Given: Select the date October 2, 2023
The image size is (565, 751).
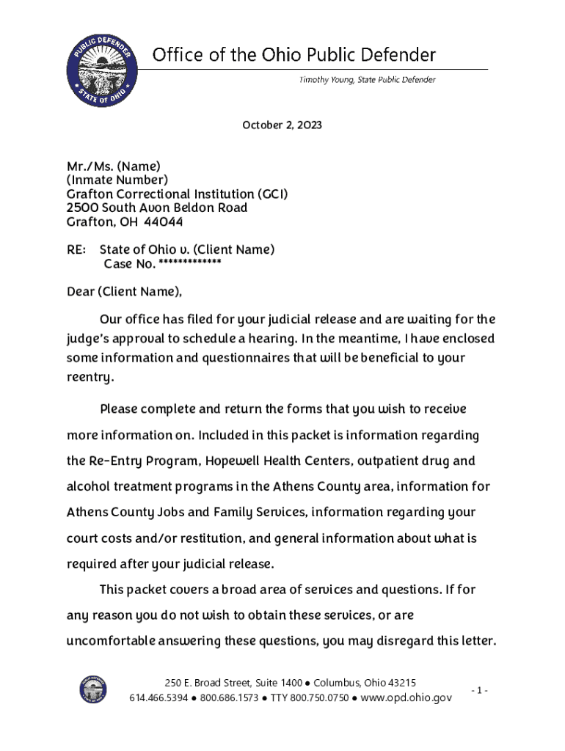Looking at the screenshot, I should click(282, 125).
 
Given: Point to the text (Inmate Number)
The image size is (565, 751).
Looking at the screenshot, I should click(117, 180).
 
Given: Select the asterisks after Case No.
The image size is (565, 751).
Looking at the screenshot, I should click(189, 263).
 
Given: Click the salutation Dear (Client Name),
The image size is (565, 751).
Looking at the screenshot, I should click(124, 292).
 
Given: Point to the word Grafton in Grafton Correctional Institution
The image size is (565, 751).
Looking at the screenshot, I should click(89, 194).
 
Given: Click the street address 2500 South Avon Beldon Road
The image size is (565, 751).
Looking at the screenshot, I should click(157, 208).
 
